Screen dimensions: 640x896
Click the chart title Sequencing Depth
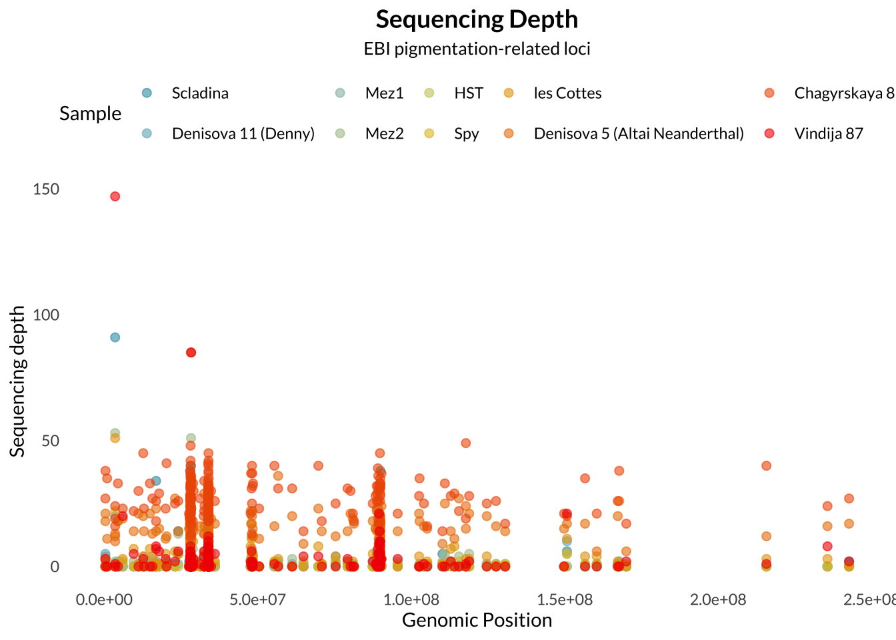pos(477,19)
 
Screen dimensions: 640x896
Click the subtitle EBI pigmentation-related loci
pos(477,49)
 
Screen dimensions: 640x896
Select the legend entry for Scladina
pos(199,93)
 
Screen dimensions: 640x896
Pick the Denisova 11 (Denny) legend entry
pos(243,133)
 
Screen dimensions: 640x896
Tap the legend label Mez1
pos(384,93)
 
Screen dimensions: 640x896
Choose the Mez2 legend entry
pos(384,133)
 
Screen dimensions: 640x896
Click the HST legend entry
pos(468,93)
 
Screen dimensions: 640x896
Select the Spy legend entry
pos(466,133)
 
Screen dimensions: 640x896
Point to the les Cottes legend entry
pos(567,93)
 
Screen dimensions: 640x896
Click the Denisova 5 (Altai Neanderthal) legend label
pos(638,133)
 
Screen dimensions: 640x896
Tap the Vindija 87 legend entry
pos(828,133)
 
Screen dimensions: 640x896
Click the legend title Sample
pos(90,113)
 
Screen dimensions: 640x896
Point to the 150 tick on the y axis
pos(46,189)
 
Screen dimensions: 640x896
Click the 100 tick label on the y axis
pos(46,315)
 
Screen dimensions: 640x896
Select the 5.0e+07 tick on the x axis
pos(257,599)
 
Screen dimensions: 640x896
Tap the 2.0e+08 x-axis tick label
pos(718,599)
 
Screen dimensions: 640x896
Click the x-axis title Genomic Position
pos(477,620)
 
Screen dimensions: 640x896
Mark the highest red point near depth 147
pos(115,197)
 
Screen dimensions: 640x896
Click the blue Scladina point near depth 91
pos(115,337)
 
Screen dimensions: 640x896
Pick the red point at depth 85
pos(191,353)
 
